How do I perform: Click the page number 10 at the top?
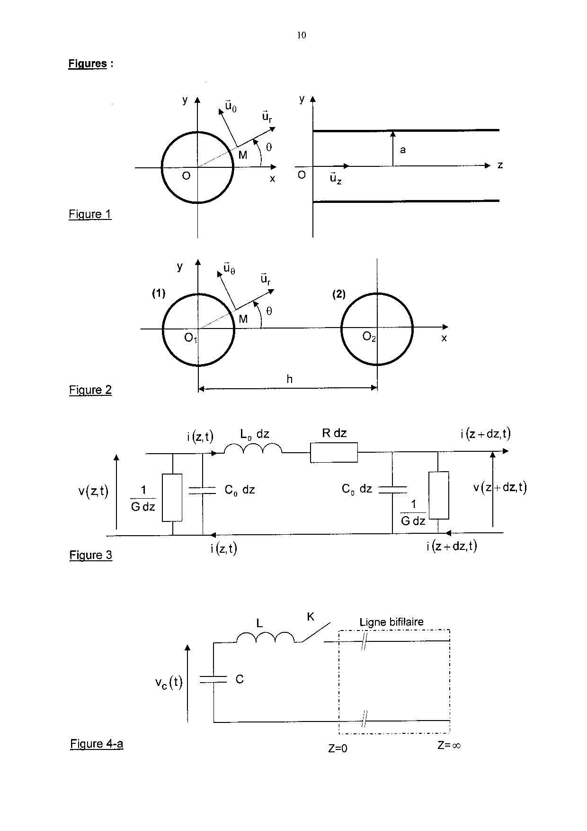click(302, 35)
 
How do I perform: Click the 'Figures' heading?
click(88, 64)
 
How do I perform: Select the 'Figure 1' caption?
click(90, 214)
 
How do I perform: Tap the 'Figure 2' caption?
click(90, 390)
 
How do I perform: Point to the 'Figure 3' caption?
click(91, 555)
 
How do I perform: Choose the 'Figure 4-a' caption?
click(97, 744)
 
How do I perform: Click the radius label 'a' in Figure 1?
click(403, 150)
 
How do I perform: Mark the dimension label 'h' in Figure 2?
click(289, 379)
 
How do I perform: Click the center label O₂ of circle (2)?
click(369, 337)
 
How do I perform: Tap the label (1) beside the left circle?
click(159, 293)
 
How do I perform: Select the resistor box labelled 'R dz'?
click(334, 452)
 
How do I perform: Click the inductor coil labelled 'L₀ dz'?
click(252, 449)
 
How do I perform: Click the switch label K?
click(311, 617)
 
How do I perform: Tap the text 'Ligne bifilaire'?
click(391, 622)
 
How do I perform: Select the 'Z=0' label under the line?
click(338, 749)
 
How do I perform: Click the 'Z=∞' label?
click(449, 745)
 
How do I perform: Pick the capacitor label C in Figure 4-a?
click(240, 679)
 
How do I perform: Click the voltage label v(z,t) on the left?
click(93, 492)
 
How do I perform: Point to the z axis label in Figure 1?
click(500, 165)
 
